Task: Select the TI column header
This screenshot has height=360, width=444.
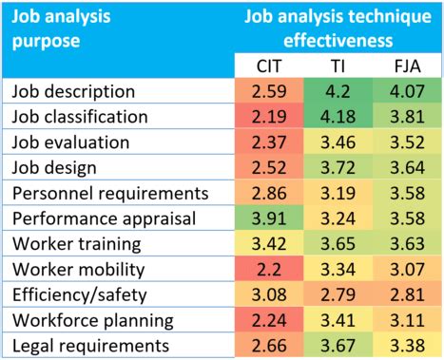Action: click(x=336, y=66)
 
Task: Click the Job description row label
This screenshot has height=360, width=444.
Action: click(x=72, y=92)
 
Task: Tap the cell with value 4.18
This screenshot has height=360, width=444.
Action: click(x=336, y=118)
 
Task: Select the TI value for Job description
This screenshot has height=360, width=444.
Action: click(x=336, y=92)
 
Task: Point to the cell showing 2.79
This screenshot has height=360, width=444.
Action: click(x=336, y=293)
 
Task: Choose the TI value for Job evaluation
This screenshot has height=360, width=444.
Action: click(x=336, y=142)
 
